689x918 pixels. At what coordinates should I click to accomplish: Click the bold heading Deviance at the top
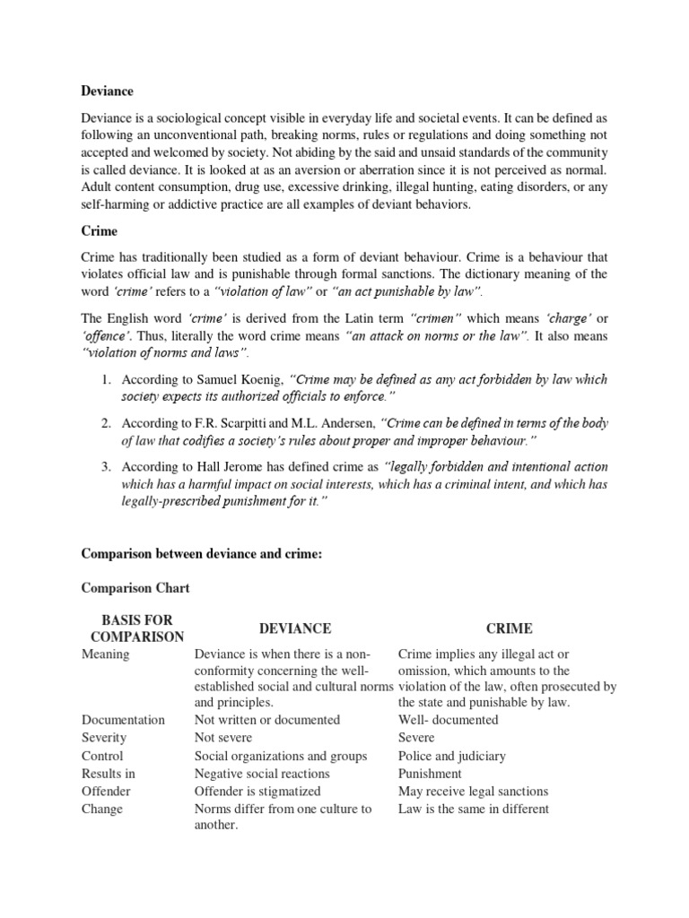(108, 91)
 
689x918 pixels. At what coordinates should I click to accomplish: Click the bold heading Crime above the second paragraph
(99, 230)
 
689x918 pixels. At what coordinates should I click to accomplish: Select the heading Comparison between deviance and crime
(201, 555)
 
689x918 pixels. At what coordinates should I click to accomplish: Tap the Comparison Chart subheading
(135, 589)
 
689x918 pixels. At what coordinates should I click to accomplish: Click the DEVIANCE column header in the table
(295, 628)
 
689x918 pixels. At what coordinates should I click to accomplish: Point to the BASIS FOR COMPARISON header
(132, 628)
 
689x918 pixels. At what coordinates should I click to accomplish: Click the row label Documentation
(123, 720)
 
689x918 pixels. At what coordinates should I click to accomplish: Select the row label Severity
(104, 738)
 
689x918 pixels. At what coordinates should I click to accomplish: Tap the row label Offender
(106, 792)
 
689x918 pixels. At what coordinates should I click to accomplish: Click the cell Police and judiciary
(452, 756)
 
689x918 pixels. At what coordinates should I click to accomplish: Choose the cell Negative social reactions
(262, 774)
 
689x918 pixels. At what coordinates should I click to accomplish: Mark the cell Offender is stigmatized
(257, 792)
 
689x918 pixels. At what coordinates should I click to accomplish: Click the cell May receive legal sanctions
(473, 792)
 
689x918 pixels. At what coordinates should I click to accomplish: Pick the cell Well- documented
(448, 720)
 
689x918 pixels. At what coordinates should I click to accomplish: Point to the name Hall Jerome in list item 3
(214, 467)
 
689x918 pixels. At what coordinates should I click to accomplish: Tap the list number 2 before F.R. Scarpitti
(105, 423)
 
